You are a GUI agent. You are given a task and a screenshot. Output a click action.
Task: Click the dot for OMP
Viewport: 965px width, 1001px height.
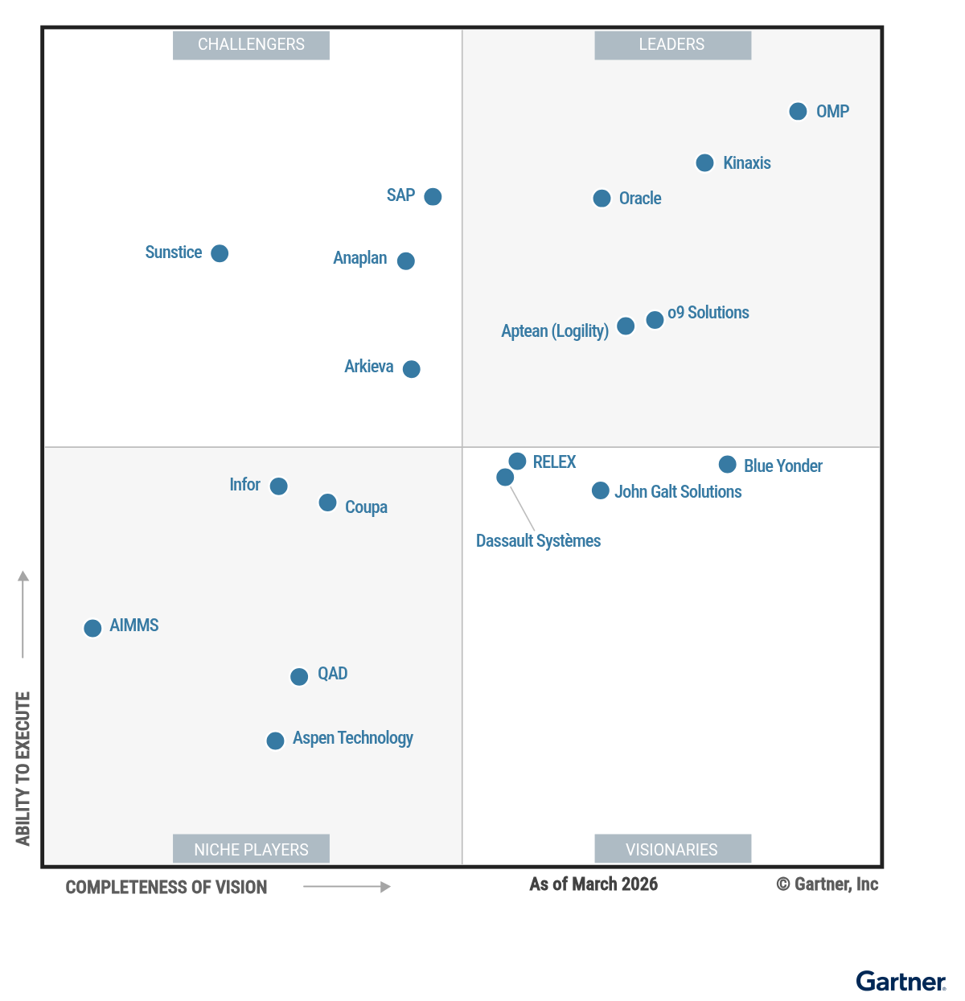pos(798,112)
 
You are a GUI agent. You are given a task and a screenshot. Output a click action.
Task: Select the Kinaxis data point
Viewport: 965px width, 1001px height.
pos(704,163)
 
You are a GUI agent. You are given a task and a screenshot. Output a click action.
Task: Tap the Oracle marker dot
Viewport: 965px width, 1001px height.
pos(602,199)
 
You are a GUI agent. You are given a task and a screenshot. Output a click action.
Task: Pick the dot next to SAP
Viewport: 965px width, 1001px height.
pos(433,197)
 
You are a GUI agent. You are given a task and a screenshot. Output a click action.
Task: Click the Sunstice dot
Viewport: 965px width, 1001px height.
pos(220,253)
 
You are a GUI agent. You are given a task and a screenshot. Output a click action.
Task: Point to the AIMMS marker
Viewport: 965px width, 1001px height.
pos(92,628)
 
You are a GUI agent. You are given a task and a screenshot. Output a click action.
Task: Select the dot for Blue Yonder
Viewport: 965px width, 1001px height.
pos(727,465)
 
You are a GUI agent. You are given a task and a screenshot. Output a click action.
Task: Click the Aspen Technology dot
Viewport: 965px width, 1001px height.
pos(275,740)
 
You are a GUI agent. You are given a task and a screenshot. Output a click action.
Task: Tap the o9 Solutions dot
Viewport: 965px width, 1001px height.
pos(655,320)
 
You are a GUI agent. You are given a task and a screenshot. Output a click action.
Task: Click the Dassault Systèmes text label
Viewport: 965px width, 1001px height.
pos(538,541)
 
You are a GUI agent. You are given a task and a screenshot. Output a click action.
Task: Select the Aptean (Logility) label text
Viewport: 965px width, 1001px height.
pos(555,331)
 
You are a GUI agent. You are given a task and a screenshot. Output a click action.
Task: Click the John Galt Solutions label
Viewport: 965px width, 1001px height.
pos(678,492)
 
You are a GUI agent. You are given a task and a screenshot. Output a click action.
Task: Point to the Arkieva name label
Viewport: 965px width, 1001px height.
pos(369,367)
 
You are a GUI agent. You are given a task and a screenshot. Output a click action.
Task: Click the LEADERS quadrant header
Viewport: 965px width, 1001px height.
pos(672,45)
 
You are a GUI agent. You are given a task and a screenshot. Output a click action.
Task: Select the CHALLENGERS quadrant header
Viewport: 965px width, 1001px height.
pos(251,45)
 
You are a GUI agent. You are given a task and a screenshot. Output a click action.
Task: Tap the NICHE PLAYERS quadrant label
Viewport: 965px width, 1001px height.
pos(251,849)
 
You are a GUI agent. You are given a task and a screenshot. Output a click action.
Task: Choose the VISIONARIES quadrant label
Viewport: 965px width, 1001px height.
pos(672,849)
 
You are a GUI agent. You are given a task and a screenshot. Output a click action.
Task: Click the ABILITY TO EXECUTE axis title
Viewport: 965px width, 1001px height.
pos(23,768)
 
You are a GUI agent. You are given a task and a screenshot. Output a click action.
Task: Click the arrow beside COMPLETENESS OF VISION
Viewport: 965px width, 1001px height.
pos(347,887)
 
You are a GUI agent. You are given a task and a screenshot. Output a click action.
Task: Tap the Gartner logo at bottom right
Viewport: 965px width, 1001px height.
pos(901,982)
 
